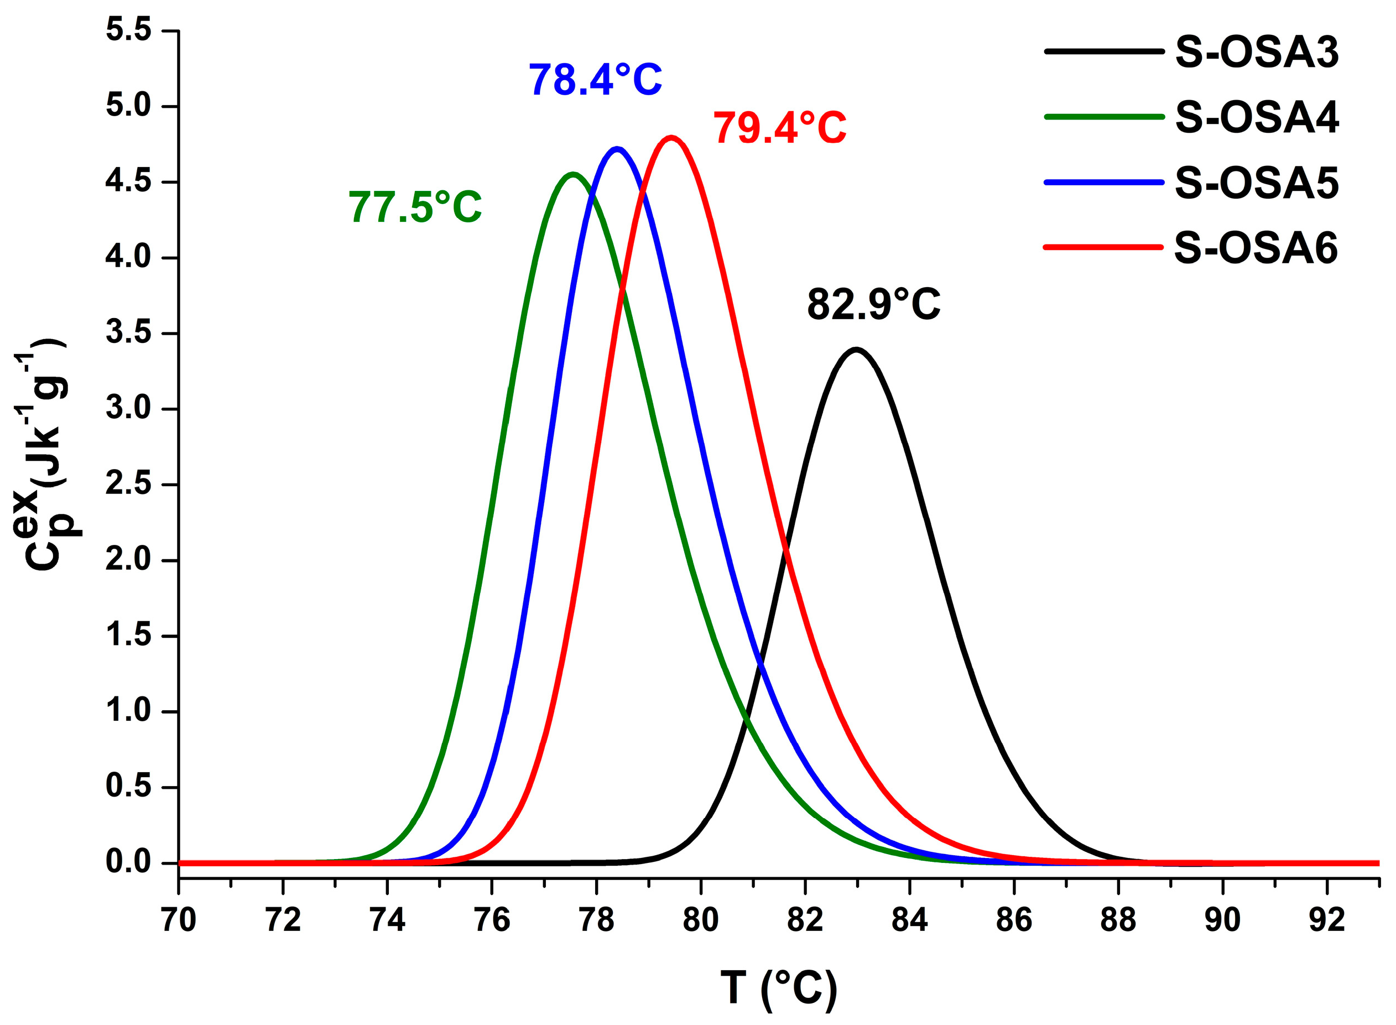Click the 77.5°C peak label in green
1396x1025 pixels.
[x=414, y=207]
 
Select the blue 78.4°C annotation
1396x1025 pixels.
[x=595, y=80]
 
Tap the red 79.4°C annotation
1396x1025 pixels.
[x=779, y=128]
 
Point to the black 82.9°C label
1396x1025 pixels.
[x=873, y=305]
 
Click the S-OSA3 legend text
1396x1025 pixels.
[x=1257, y=52]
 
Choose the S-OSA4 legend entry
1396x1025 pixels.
[x=1257, y=117]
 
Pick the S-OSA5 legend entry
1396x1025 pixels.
[x=1257, y=183]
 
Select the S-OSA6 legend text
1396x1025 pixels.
[x=1257, y=248]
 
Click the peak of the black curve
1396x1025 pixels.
[x=856, y=350]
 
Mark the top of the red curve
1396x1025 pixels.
[x=671, y=137]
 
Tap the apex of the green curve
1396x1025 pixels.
[x=572, y=174]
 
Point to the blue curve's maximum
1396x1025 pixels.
[x=617, y=148]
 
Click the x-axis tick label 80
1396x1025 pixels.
[x=700, y=920]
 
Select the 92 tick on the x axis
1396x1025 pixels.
[x=1326, y=920]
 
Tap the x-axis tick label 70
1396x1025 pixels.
[x=179, y=920]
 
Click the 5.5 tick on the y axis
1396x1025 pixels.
[x=128, y=30]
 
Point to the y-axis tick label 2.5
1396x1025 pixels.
[x=128, y=485]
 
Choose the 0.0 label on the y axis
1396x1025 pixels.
[x=128, y=862]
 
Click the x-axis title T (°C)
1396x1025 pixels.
[x=778, y=988]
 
